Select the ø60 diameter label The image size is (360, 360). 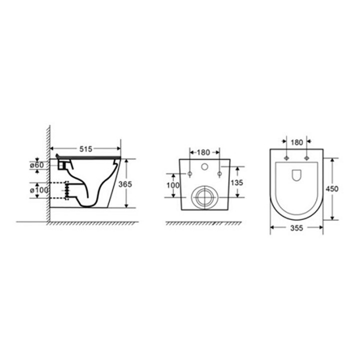point(37,165)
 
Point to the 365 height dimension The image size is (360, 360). point(125,183)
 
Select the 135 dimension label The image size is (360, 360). point(237,182)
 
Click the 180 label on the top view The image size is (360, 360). point(296,142)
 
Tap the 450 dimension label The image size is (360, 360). point(332,188)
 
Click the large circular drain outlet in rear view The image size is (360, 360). point(203,196)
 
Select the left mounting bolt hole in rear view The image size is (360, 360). point(189,173)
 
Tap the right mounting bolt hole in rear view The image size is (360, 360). point(219,173)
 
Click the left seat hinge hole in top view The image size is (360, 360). point(286,158)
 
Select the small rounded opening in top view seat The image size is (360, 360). point(296,175)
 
